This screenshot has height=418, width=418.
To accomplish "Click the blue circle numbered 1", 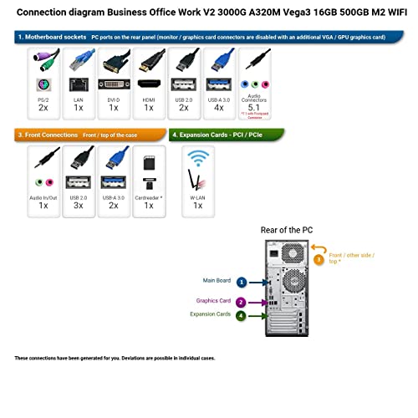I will click(x=241, y=283).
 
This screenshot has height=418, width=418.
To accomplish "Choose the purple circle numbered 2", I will click(x=241, y=302).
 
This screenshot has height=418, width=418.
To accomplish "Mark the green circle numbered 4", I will click(x=241, y=316).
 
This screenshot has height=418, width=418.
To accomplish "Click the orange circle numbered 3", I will click(x=319, y=259).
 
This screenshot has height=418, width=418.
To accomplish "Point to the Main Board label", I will click(x=216, y=282).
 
